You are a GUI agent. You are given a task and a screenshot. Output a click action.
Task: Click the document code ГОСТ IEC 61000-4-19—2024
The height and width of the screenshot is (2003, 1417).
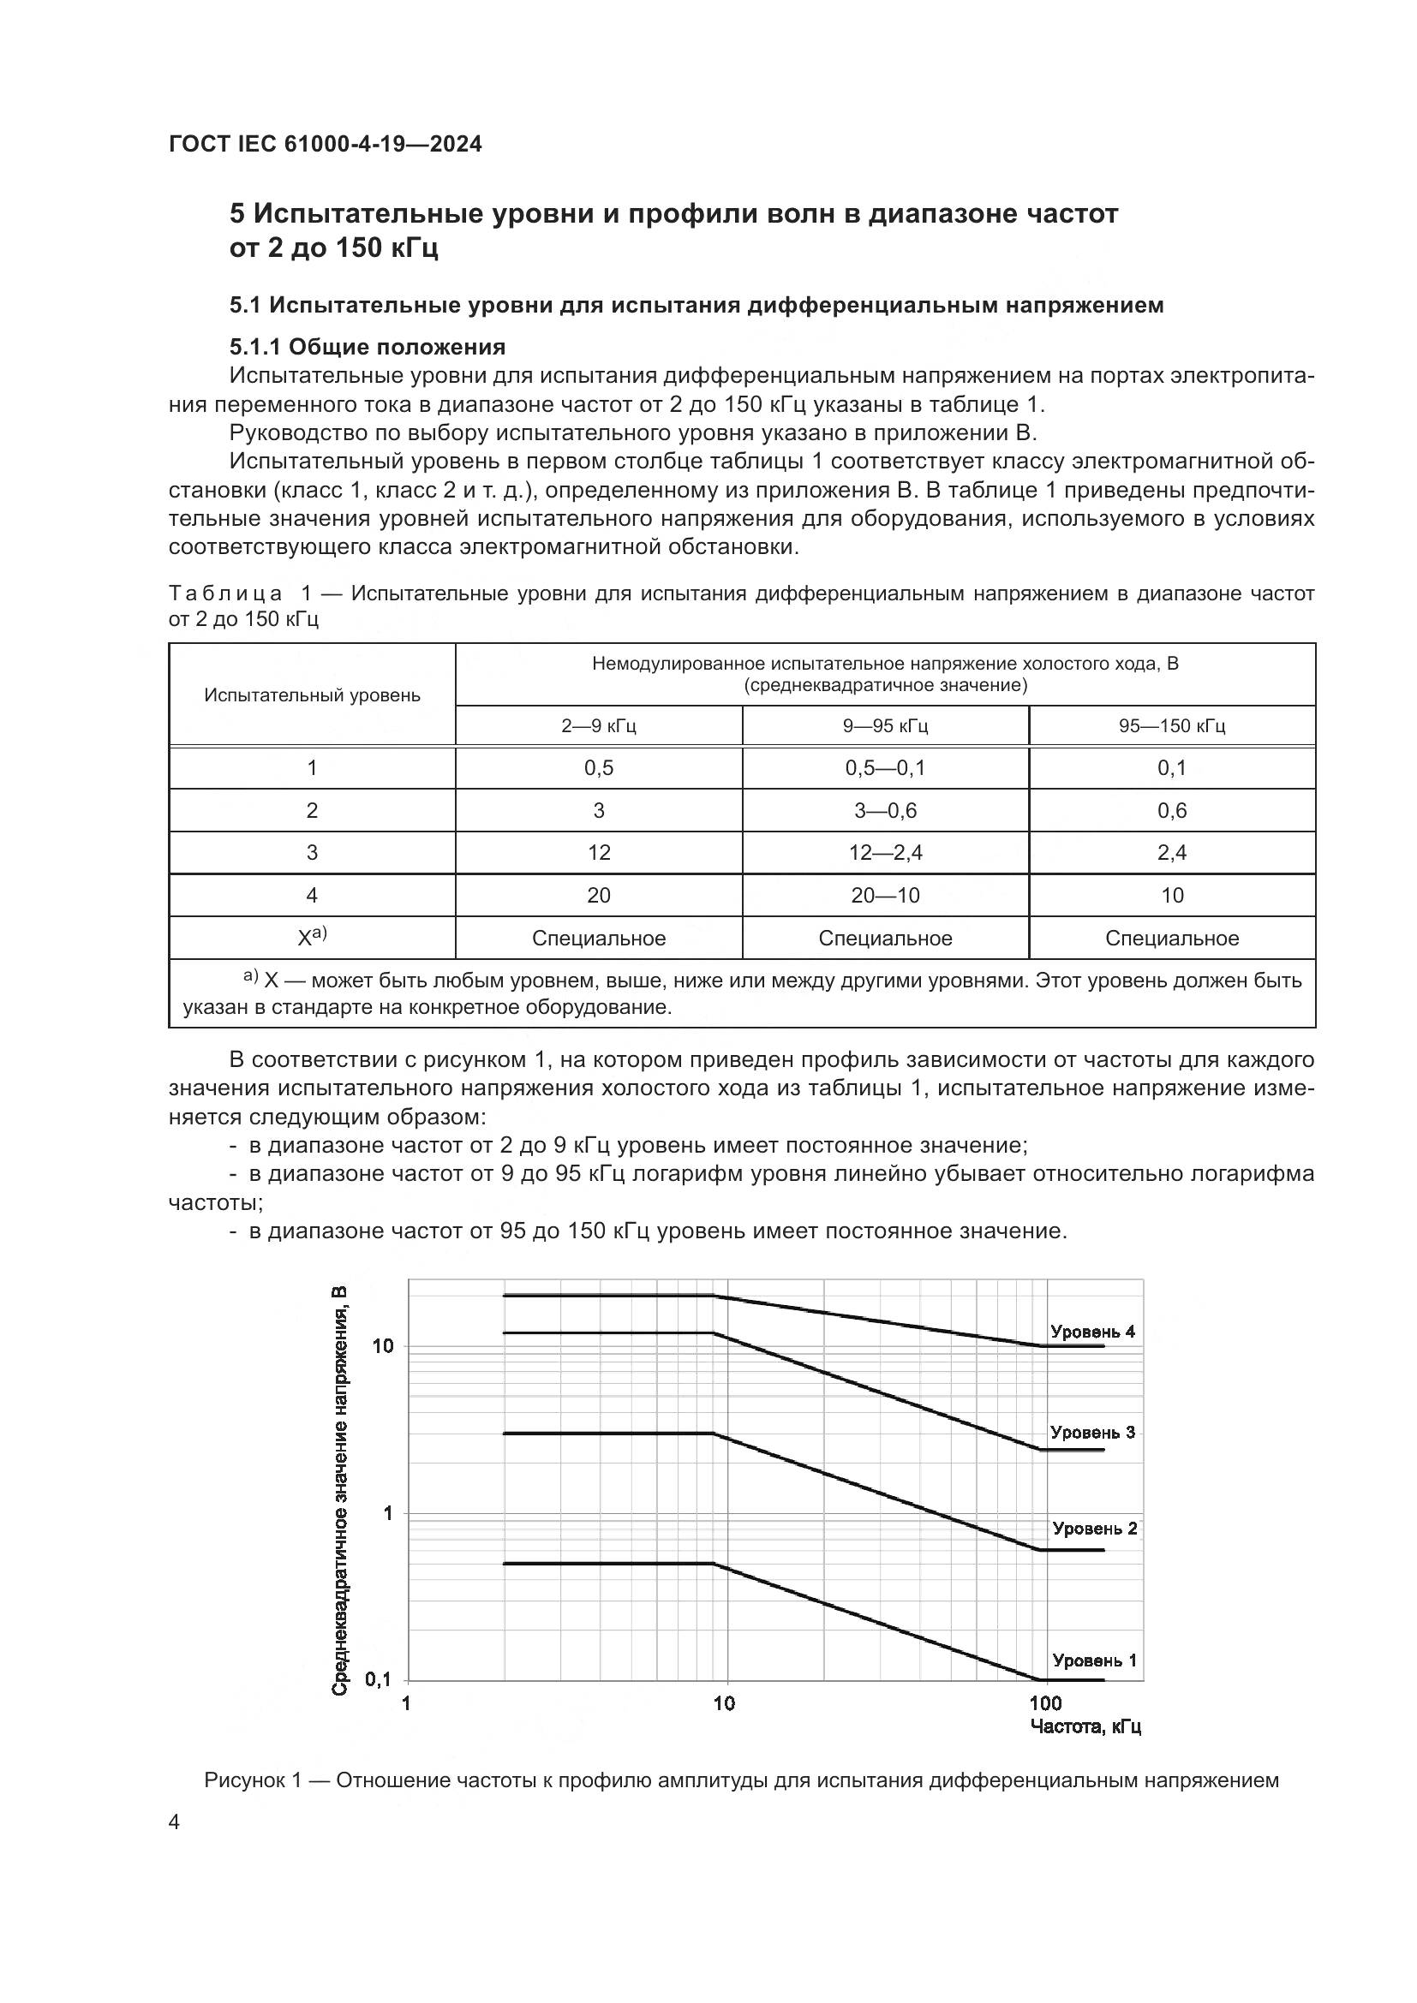pyautogui.click(x=325, y=144)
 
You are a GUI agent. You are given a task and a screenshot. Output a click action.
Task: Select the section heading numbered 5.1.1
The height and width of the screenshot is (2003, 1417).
pyautogui.click(x=368, y=347)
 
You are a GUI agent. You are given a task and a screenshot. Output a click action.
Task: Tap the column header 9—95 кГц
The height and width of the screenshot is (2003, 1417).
pyautogui.click(x=885, y=726)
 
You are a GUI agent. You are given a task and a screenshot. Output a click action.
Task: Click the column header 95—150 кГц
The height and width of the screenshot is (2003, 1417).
pyautogui.click(x=1172, y=726)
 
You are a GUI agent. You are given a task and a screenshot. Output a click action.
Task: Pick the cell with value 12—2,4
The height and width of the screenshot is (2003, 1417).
pyautogui.click(x=885, y=852)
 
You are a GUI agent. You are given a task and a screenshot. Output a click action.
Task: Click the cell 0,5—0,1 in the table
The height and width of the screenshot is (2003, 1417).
pyautogui.click(x=885, y=767)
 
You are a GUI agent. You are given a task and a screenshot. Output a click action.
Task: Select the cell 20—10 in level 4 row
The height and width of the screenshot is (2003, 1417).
pyautogui.click(x=885, y=895)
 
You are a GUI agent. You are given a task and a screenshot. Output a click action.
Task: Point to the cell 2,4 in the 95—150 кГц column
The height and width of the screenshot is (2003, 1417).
pyautogui.click(x=1172, y=852)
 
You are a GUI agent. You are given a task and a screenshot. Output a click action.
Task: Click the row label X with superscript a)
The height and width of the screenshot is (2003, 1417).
pyautogui.click(x=312, y=938)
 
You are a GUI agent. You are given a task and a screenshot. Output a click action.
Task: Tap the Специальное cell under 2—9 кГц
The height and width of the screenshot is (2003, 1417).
pyautogui.click(x=599, y=939)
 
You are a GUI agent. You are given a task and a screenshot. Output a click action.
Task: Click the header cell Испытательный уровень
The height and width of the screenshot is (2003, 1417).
pyautogui.click(x=312, y=695)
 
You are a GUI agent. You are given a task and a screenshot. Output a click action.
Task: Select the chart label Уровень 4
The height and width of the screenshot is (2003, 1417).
pyautogui.click(x=1092, y=1332)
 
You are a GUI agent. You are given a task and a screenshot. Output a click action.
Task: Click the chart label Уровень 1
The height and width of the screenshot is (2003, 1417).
pyautogui.click(x=1094, y=1660)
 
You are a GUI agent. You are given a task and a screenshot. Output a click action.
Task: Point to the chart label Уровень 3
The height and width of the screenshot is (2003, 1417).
pyautogui.click(x=1092, y=1433)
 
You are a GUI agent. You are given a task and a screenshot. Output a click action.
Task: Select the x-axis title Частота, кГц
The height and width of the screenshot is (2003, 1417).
pyautogui.click(x=1085, y=1726)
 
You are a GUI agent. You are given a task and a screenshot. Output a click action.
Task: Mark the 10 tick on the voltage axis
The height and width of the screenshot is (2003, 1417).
pyautogui.click(x=383, y=1346)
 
